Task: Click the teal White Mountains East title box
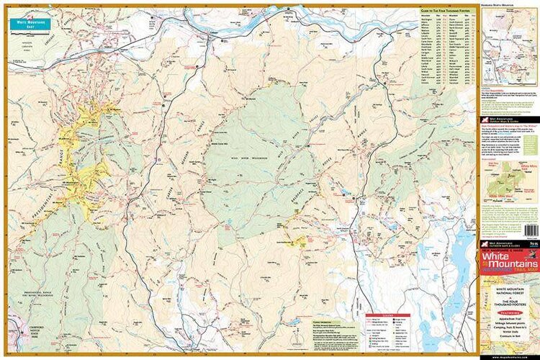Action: [31, 22]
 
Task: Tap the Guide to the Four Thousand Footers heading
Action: [446, 12]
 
